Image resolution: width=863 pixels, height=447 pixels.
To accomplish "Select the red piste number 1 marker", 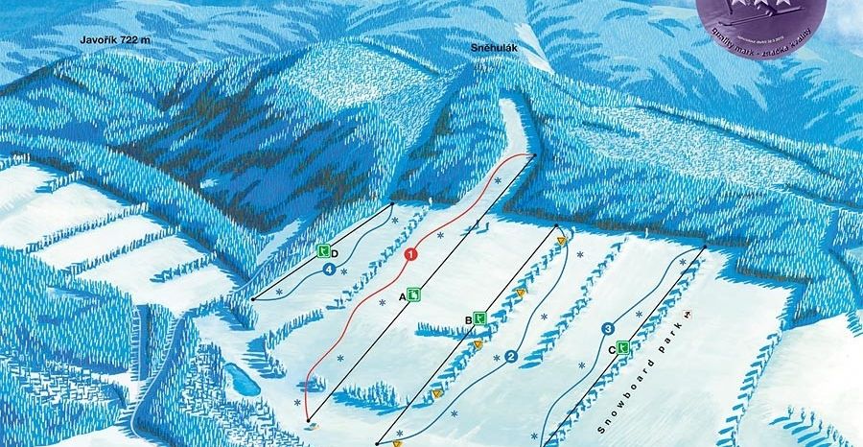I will pyautogui.click(x=410, y=254).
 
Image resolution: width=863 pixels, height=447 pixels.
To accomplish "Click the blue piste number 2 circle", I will pyautogui.click(x=511, y=357).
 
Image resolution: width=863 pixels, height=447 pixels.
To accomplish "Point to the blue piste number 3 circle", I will pyautogui.click(x=608, y=330).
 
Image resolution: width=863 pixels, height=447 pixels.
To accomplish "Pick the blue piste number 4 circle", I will pyautogui.click(x=330, y=271).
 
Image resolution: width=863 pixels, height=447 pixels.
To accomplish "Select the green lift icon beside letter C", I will pyautogui.click(x=622, y=347).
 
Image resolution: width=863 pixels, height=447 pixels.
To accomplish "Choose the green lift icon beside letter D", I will pyautogui.click(x=324, y=252).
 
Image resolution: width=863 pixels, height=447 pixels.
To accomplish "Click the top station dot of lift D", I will pyautogui.click(x=393, y=204).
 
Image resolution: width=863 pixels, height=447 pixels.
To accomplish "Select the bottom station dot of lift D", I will pyautogui.click(x=252, y=299).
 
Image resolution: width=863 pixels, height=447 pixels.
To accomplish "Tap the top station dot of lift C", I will pyautogui.click(x=706, y=247).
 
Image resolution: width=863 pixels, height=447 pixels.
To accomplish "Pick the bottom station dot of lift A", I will pyautogui.click(x=308, y=421).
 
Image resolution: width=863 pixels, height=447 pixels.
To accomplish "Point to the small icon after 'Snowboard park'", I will pyautogui.click(x=688, y=314).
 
